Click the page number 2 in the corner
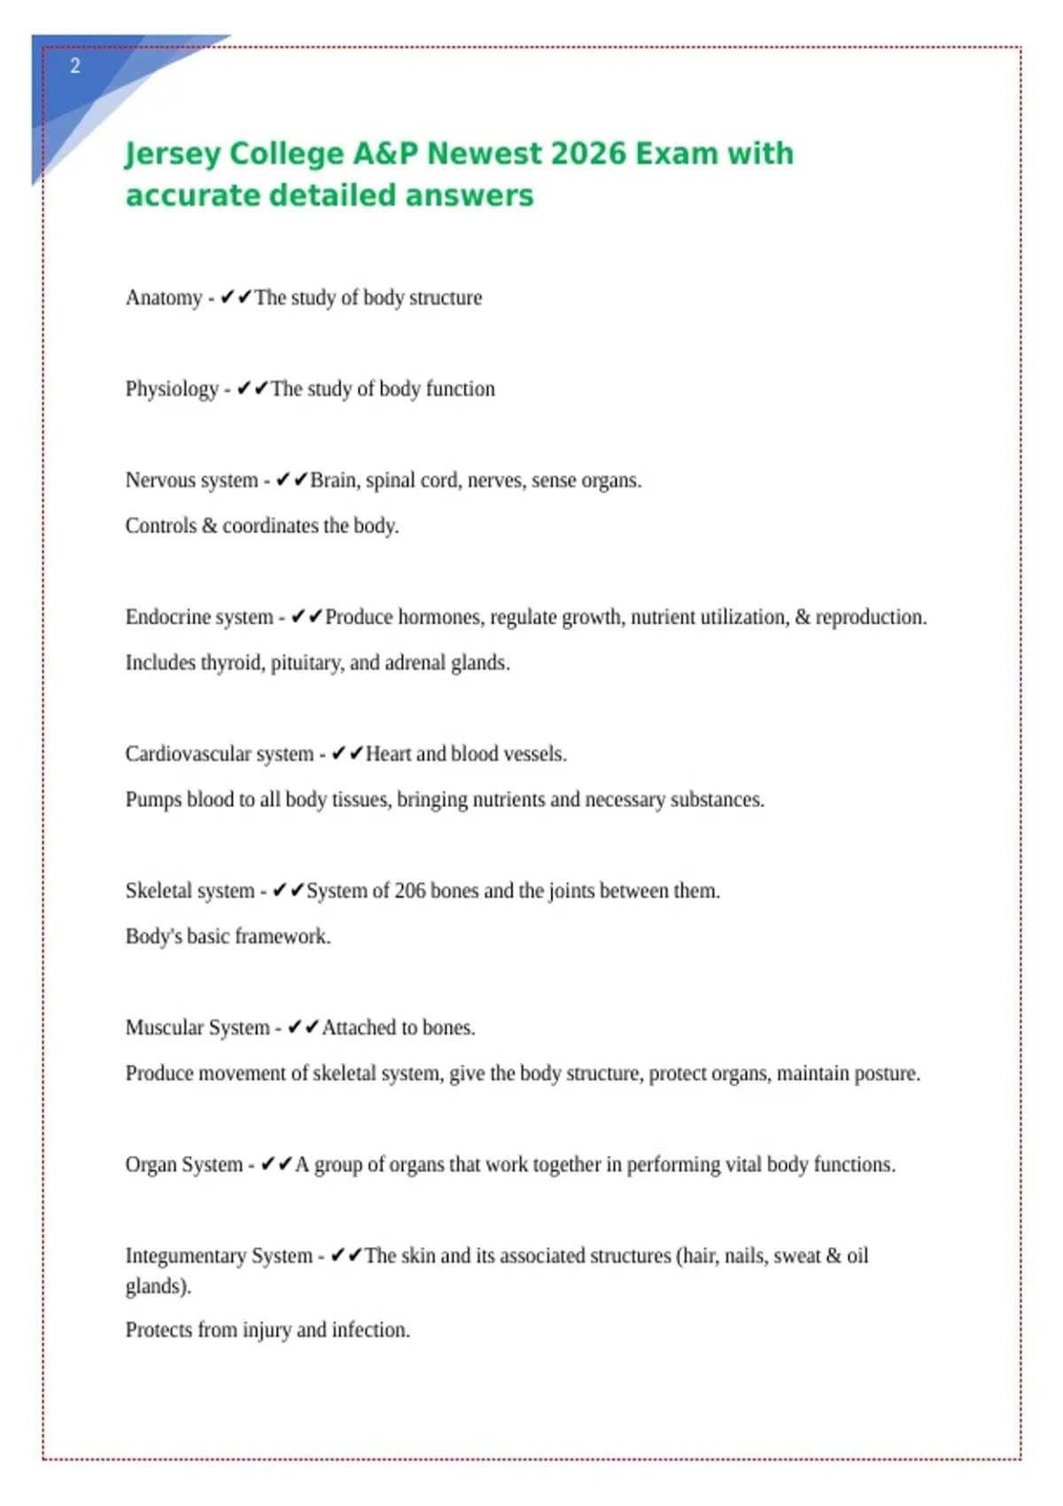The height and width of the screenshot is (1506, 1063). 75,66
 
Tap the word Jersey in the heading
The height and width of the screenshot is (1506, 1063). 172,154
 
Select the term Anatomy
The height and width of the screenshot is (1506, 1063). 164,298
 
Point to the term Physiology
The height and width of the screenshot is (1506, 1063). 172,389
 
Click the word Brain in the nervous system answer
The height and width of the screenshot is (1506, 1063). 333,480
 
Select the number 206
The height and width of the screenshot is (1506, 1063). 410,890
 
